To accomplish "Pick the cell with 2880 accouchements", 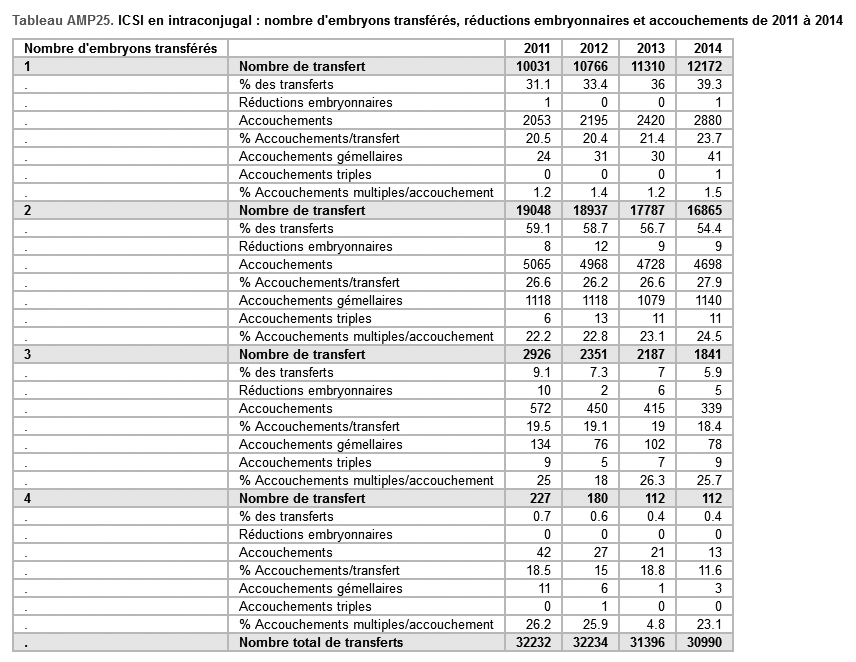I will coord(706,120).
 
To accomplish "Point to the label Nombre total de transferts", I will coord(321,642).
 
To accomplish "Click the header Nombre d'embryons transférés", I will coord(121,48).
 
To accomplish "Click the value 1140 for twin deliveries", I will coord(706,300).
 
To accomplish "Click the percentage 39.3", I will coord(709,84).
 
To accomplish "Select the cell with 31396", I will coord(647,642).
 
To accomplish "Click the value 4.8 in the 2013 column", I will coord(654,624).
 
